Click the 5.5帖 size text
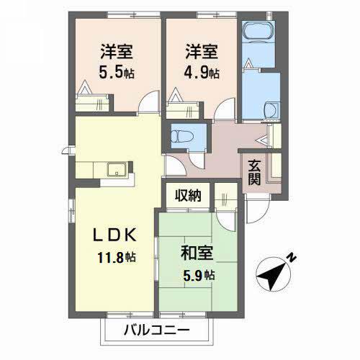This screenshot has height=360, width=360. click(117, 73)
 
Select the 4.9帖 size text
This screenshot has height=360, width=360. click(201, 73)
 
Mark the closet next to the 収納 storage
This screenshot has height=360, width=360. click(222, 195)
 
